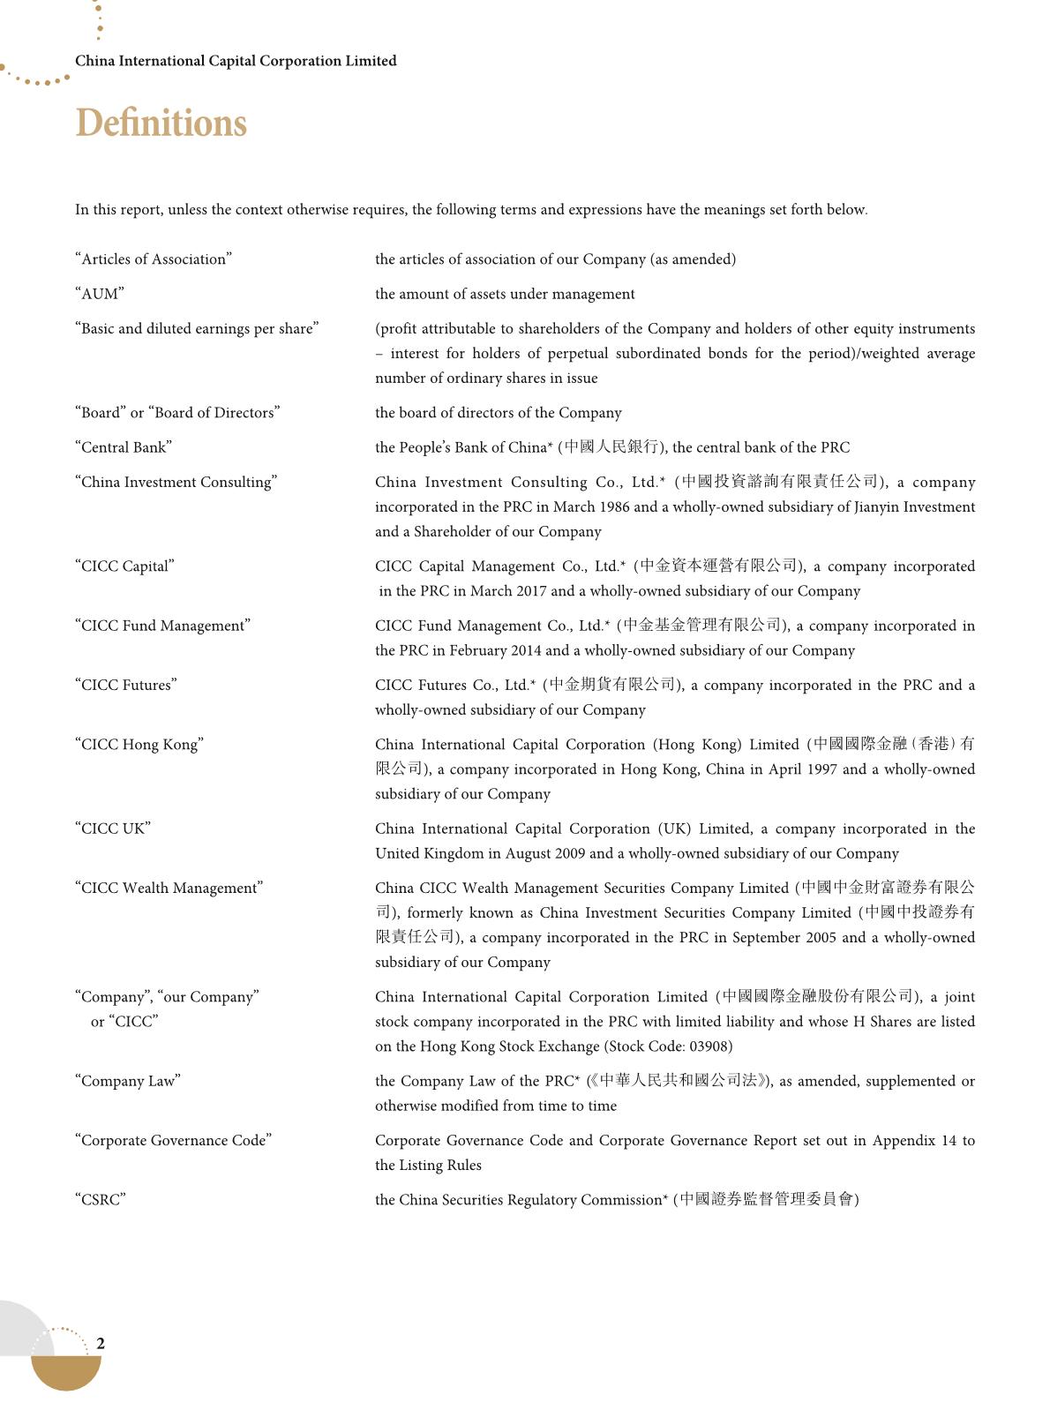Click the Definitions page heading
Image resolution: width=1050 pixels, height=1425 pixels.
point(161,124)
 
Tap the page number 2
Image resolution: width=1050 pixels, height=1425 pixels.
point(101,1343)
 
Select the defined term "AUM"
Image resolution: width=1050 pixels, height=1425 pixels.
point(100,294)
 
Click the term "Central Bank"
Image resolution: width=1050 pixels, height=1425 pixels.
point(124,447)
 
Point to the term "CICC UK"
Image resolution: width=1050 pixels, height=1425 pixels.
point(113,829)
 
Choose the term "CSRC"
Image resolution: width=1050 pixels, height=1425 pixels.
point(101,1200)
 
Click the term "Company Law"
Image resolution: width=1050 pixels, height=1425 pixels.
point(128,1081)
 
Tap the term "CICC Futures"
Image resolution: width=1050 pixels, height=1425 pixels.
point(126,685)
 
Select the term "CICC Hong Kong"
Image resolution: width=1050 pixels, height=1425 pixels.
point(139,745)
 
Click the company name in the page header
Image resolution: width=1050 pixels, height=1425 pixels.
point(236,61)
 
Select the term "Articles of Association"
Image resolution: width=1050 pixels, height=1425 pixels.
point(154,259)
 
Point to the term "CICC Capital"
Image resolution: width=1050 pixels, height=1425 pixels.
point(125,566)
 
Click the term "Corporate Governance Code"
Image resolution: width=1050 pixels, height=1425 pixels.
point(174,1141)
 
